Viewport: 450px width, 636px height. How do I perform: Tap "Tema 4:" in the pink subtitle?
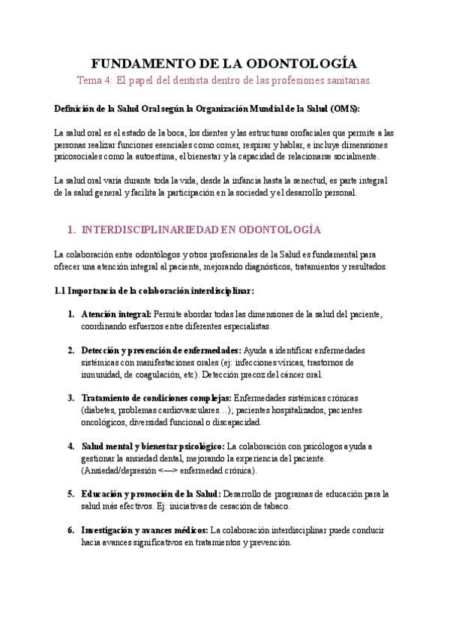click(x=95, y=79)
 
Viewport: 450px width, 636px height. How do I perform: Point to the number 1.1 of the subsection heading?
click(x=60, y=290)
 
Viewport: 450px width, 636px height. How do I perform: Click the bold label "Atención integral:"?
click(x=116, y=314)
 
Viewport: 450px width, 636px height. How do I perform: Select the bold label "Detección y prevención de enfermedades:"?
click(x=160, y=350)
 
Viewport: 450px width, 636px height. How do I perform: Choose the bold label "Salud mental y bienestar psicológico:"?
click(x=154, y=445)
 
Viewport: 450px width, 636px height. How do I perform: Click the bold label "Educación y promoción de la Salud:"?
click(x=151, y=493)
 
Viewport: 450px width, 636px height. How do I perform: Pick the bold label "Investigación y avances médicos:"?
click(x=144, y=529)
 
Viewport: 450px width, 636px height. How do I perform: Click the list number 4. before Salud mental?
click(x=70, y=445)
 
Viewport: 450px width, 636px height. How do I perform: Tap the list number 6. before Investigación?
click(x=70, y=529)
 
